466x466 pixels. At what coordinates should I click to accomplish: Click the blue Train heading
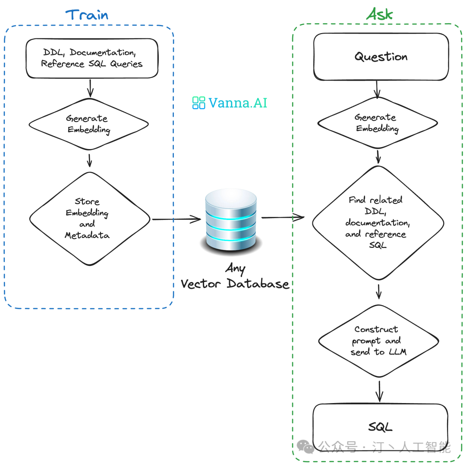tap(87, 15)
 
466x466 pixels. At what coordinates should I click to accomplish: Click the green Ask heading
tap(380, 14)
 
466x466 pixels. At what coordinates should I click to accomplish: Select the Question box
tap(381, 57)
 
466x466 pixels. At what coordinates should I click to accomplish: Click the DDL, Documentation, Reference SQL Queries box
tap(92, 58)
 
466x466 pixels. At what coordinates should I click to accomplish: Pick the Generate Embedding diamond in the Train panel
tap(88, 124)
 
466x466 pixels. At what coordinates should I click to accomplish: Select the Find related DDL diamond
tap(378, 222)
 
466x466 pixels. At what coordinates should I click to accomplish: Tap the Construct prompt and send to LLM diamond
tap(378, 341)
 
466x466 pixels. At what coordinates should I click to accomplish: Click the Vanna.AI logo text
tap(238, 103)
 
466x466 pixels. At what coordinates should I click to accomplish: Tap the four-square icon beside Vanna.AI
tap(198, 103)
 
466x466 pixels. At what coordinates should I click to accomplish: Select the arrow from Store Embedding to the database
tap(177, 219)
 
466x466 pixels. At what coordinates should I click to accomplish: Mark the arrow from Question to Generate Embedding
tap(378, 89)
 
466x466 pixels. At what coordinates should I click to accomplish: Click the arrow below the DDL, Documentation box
tap(90, 88)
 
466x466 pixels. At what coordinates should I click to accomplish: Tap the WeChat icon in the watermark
tap(307, 447)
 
